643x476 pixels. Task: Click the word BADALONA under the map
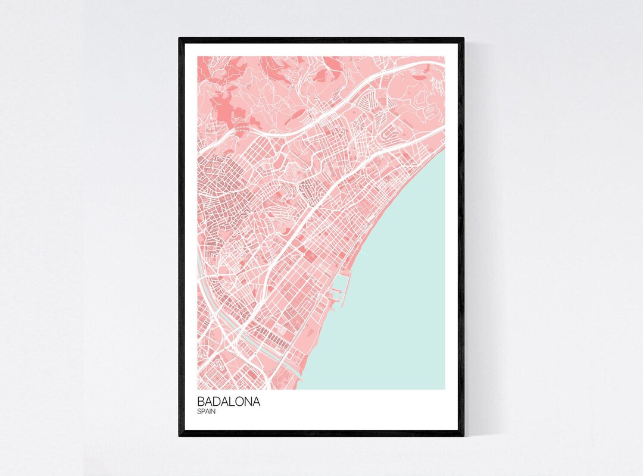[229, 402]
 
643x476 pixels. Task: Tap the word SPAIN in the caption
[207, 411]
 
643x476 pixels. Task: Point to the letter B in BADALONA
[201, 402]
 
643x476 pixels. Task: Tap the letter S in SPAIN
[199, 411]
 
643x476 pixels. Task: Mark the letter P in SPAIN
[203, 411]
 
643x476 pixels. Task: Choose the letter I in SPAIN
[210, 411]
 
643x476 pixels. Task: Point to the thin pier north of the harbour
[364, 255]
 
